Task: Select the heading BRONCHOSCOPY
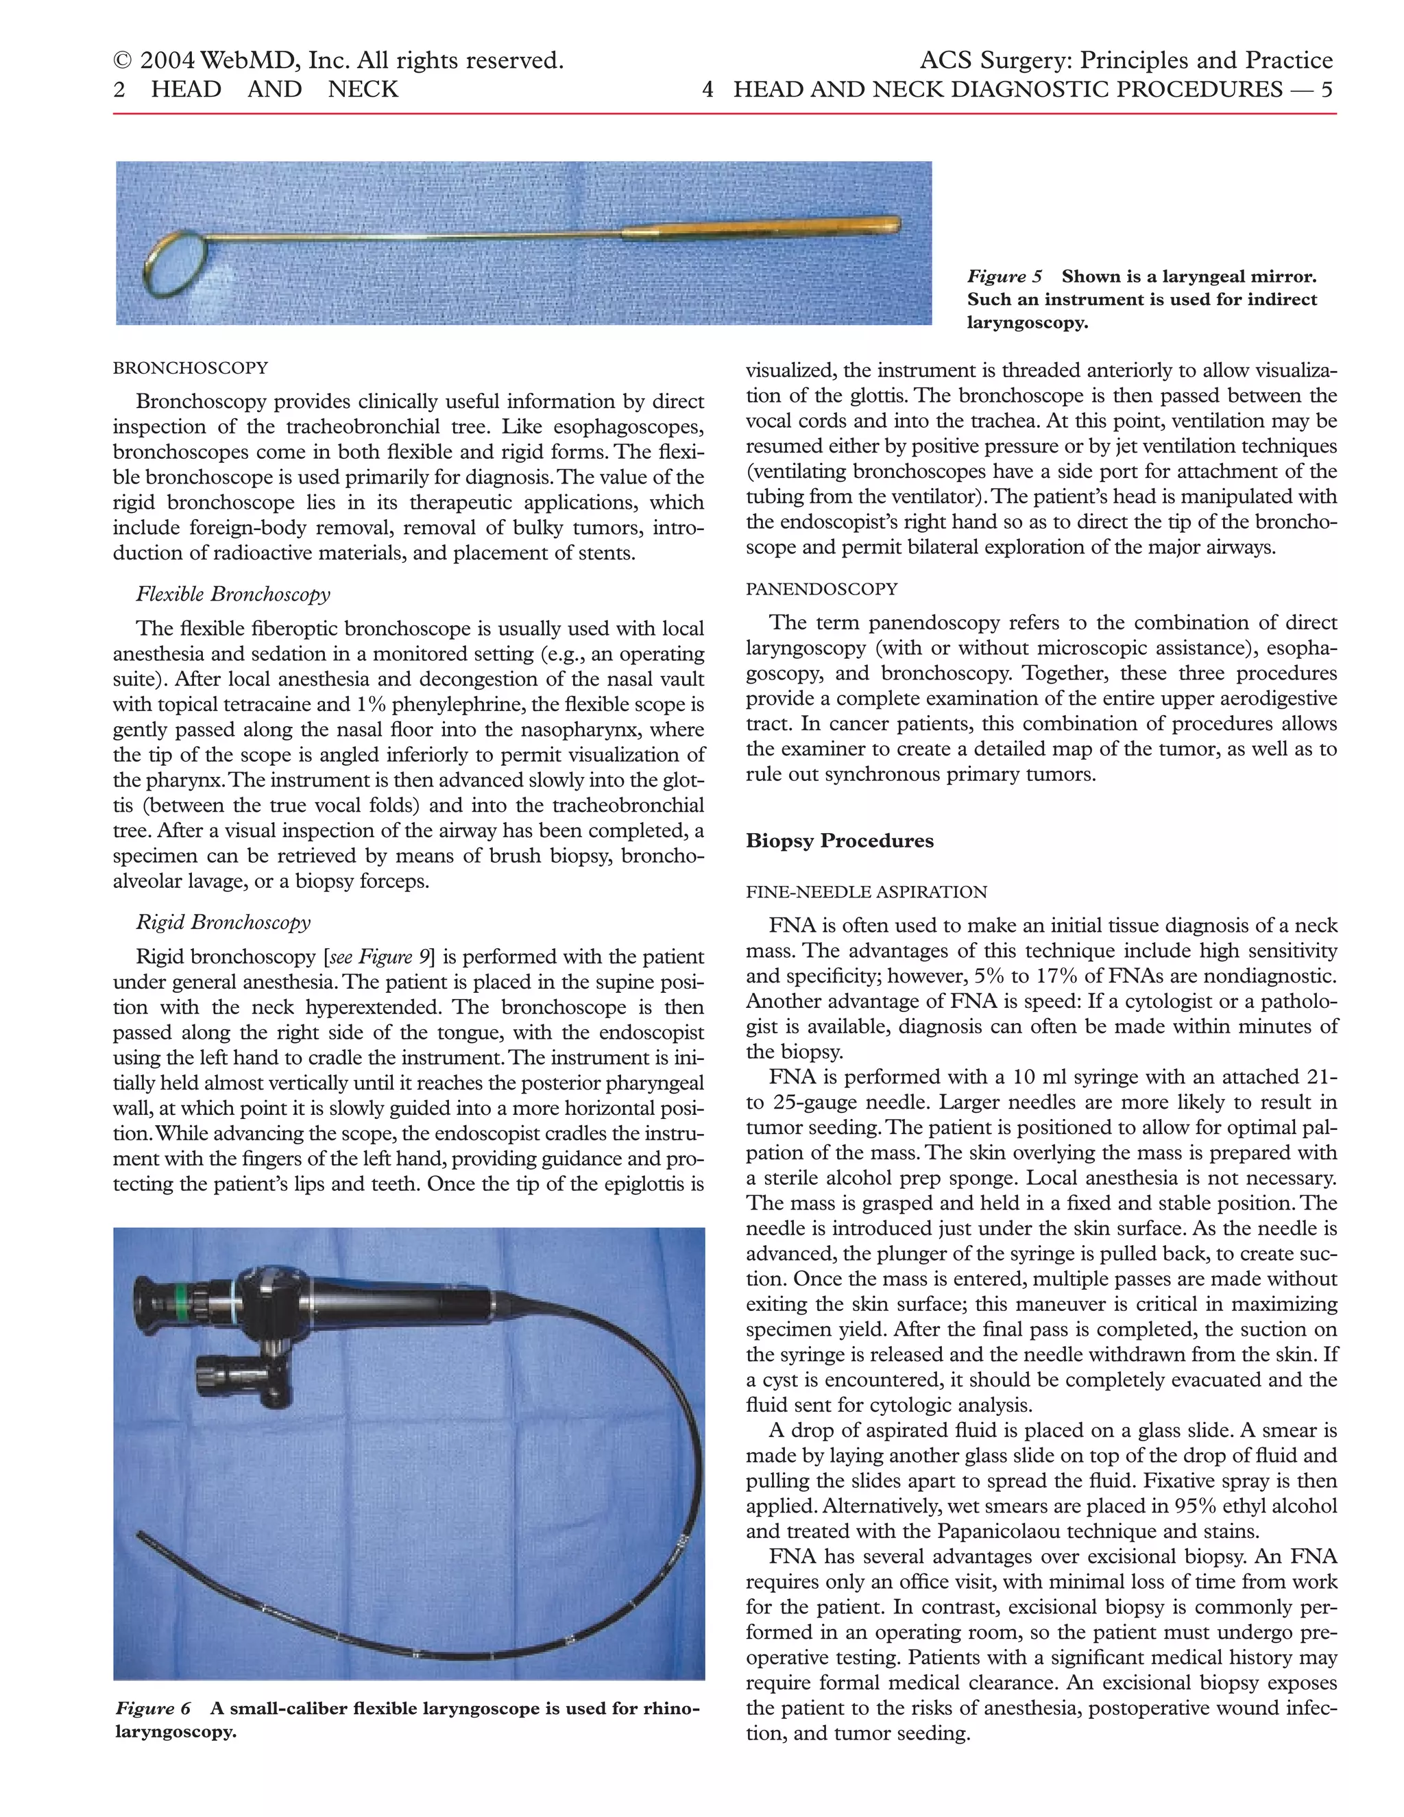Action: click(x=191, y=368)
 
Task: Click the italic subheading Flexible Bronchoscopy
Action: click(x=233, y=594)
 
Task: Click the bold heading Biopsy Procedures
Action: click(x=839, y=841)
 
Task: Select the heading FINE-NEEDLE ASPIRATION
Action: click(x=866, y=892)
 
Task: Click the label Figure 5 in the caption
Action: click(x=1003, y=277)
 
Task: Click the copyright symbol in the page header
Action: click(x=123, y=61)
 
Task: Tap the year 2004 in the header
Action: click(x=167, y=61)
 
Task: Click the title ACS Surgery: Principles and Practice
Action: click(x=1126, y=61)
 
